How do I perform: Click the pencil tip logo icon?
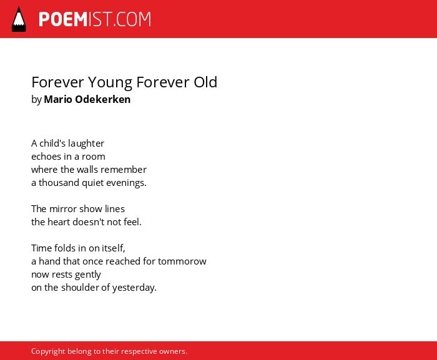(19, 19)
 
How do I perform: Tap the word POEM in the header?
(63, 19)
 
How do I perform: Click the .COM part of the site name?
(132, 19)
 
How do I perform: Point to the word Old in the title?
(205, 82)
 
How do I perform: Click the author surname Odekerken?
(103, 99)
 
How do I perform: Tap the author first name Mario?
(58, 99)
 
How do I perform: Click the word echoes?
(46, 157)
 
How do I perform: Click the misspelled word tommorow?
(182, 261)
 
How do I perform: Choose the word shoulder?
(80, 288)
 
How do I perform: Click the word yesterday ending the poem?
(134, 288)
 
